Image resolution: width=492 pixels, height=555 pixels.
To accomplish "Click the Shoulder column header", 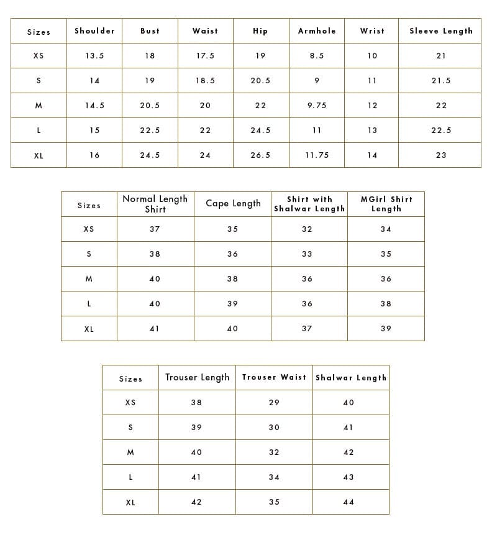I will point(94,31).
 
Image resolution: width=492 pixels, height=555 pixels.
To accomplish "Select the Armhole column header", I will point(317,31).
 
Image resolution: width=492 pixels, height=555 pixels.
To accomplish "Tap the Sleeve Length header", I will point(440,31).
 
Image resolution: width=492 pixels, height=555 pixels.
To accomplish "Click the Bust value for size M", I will point(150,106).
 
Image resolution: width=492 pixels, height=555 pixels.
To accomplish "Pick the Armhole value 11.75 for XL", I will point(317,155).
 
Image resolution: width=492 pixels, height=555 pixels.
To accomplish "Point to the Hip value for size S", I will point(260,81).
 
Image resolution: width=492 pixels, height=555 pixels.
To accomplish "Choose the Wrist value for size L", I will point(372,131).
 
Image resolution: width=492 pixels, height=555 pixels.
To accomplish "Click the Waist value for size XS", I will point(205,56).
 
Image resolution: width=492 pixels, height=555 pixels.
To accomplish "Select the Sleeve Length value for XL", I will point(440,155).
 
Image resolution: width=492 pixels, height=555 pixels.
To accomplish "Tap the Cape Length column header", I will point(233,204).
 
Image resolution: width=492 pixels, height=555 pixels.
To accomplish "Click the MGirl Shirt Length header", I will point(386,204).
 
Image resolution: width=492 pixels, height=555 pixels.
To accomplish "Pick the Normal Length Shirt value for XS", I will point(155,229).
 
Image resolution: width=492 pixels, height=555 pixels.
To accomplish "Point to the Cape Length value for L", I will point(232,304).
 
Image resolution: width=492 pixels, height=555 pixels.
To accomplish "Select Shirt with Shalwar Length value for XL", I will point(307,329).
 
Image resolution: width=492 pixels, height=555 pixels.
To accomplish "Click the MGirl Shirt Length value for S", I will point(386,254).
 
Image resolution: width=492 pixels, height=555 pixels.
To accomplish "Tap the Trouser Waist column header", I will point(274,377).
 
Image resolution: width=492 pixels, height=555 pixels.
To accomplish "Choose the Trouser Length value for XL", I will point(196,502).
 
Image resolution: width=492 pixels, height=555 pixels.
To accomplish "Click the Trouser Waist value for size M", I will point(274,452).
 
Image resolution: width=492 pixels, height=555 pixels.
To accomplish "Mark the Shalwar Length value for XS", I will point(348,403).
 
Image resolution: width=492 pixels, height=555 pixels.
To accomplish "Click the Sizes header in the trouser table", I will point(130,378).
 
